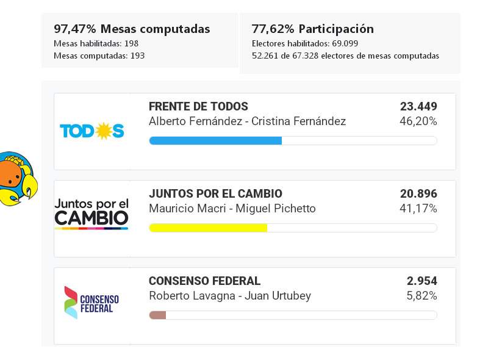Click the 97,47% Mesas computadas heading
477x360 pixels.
pos(132,29)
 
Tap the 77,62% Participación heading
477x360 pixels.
pos(312,29)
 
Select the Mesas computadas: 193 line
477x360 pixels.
pos(99,56)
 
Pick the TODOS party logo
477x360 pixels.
pos(92,131)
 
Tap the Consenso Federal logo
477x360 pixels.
pos(91,302)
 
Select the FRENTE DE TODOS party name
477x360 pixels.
pos(198,107)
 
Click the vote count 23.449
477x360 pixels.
pos(418,107)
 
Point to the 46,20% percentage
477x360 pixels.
pos(418,121)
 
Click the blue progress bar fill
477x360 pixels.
pos(215,141)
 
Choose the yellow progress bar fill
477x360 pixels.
pos(208,228)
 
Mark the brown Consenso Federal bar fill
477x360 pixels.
pos(158,315)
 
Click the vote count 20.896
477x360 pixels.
pos(418,194)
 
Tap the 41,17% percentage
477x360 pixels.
pos(418,209)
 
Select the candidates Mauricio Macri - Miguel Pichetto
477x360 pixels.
pos(232,209)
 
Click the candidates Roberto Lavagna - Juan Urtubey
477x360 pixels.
pos(230,296)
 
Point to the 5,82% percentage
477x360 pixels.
pos(421,296)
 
